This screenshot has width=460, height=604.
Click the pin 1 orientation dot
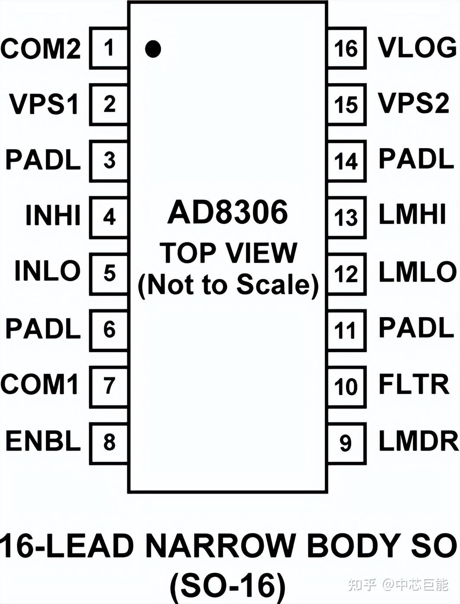(x=153, y=49)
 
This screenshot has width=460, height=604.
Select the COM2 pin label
(x=41, y=49)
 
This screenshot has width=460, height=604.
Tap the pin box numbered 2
(x=109, y=104)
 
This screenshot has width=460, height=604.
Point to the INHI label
(x=53, y=215)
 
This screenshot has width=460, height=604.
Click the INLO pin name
(x=48, y=271)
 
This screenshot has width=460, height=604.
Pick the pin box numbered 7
(x=109, y=386)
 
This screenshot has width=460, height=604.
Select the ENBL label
(x=43, y=442)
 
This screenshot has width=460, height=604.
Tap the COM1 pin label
(x=40, y=384)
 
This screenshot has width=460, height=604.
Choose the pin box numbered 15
(x=346, y=104)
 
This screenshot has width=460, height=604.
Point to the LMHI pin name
(x=412, y=214)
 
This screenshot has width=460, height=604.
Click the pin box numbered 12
(x=346, y=274)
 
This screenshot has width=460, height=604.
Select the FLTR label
(x=414, y=384)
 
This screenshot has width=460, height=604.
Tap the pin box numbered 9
(x=346, y=443)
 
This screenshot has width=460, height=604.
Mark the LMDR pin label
(x=418, y=442)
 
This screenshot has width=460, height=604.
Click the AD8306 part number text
(x=228, y=212)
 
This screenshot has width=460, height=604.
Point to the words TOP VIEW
(x=228, y=253)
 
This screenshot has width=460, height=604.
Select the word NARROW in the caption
(x=220, y=546)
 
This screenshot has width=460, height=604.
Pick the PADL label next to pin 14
(x=416, y=159)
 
